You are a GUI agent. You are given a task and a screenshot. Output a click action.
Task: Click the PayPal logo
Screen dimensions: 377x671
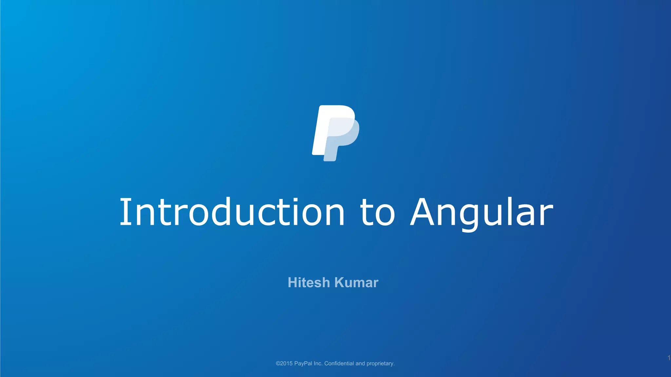(335, 133)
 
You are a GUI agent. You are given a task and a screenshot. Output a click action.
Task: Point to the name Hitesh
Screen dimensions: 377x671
(309, 282)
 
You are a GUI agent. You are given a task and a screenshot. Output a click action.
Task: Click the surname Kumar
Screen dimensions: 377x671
(356, 282)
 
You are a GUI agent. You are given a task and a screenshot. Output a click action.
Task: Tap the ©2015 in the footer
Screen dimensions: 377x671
(284, 364)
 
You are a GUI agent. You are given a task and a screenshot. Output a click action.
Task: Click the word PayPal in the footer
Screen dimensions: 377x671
(303, 364)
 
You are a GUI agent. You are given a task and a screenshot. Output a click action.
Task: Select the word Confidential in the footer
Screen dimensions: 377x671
(339, 364)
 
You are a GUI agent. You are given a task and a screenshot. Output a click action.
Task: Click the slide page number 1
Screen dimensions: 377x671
(669, 358)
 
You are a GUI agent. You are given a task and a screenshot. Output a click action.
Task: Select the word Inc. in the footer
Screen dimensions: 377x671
(318, 364)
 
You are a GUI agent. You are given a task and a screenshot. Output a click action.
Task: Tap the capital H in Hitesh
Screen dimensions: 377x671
(292, 282)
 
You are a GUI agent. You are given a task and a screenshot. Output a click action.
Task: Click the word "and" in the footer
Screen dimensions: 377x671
(360, 364)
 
